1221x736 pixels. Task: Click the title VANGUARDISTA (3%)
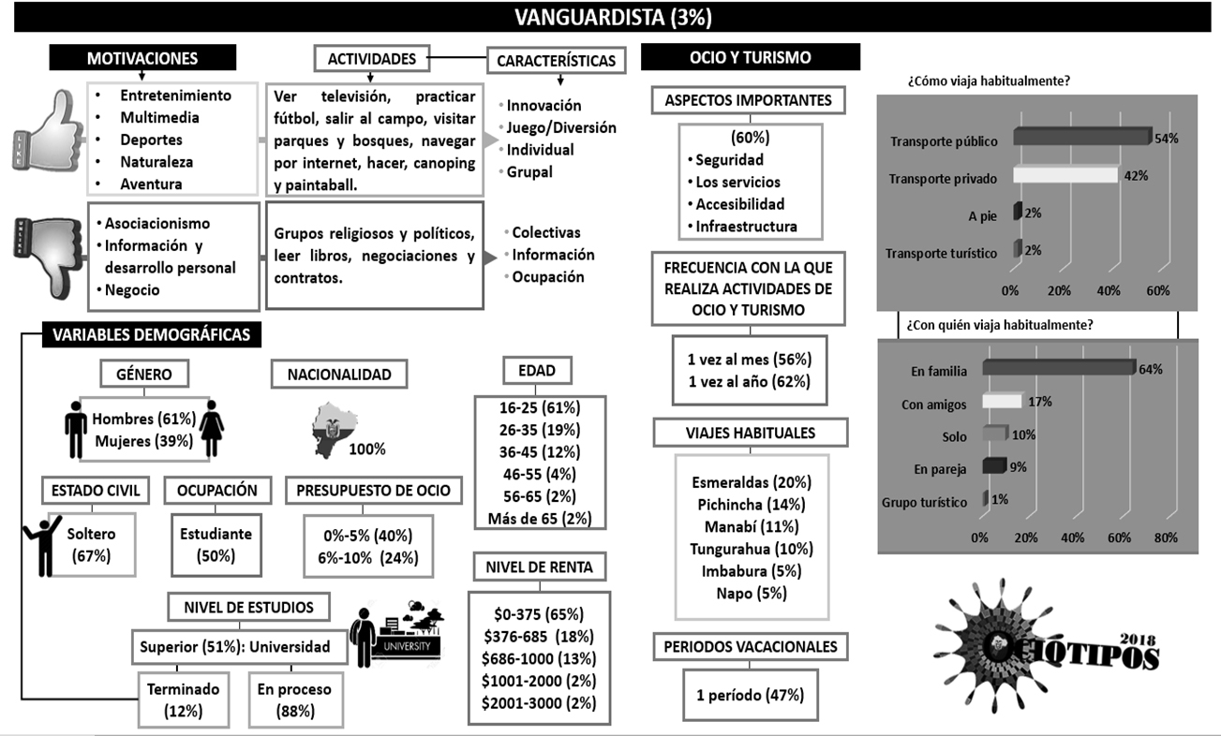pos(610,17)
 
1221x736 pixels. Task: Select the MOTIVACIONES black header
pos(141,58)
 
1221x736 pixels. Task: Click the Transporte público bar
pos(1080,138)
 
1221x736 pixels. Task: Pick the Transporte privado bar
pos(1065,175)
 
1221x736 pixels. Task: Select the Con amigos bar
pos(1002,401)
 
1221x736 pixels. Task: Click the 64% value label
pos(1151,368)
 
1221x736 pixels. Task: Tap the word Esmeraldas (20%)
pos(751,482)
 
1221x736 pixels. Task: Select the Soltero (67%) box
pos(92,544)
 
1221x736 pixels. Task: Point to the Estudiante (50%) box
pos(216,544)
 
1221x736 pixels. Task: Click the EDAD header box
pos(535,370)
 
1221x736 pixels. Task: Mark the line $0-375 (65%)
pos(538,614)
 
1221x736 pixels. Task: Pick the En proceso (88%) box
pos(293,699)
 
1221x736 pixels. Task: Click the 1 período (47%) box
pos(751,695)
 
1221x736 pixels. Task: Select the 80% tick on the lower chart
pos(1167,538)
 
